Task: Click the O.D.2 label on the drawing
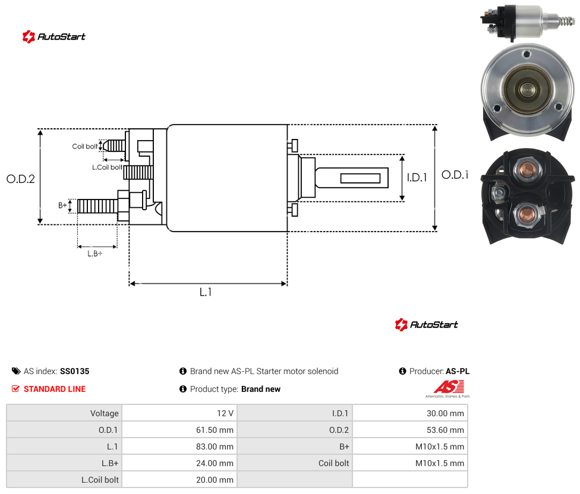click(x=21, y=179)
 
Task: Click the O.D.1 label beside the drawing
click(x=455, y=175)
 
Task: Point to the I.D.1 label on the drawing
click(x=417, y=178)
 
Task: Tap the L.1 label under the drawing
click(x=206, y=292)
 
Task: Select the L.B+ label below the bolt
click(x=95, y=254)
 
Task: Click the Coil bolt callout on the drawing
click(x=85, y=146)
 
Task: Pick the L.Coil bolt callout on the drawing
click(x=107, y=167)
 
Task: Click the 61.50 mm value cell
click(x=215, y=430)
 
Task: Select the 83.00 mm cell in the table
click(x=215, y=446)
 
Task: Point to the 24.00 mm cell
click(x=215, y=463)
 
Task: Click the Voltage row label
click(x=105, y=413)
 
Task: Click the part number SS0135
click(x=75, y=371)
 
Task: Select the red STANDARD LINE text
click(x=55, y=389)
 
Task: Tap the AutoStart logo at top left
click(x=54, y=37)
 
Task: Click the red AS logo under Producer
click(x=449, y=388)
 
